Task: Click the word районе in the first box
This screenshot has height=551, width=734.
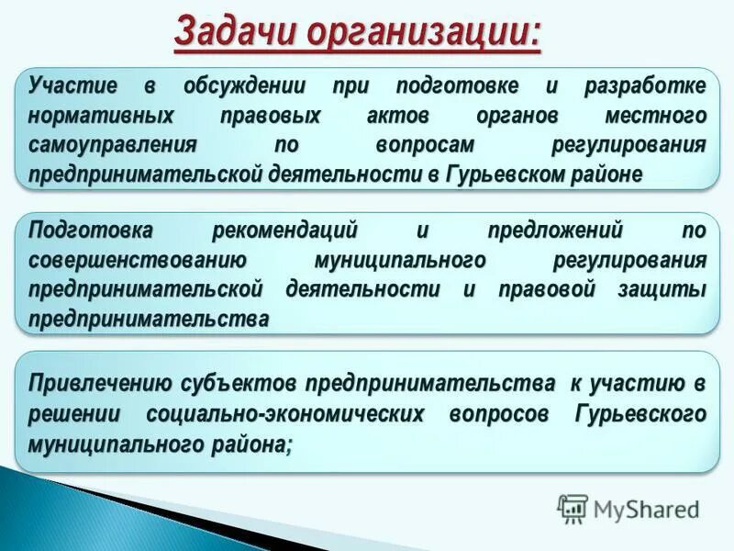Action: point(611,174)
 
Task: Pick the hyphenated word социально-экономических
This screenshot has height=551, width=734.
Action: point(284,413)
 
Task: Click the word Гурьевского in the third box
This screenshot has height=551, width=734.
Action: point(640,413)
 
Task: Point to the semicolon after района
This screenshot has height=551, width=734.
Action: point(290,445)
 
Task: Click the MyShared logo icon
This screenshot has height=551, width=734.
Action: point(573,509)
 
